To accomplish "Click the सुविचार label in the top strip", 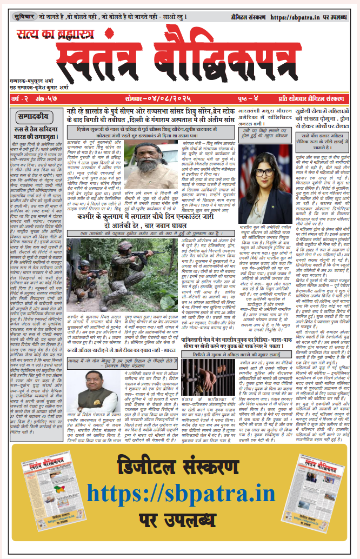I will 24,17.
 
